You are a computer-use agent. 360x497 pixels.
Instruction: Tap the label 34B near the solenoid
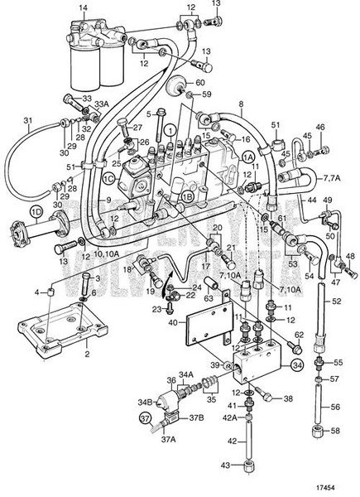[144, 403]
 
